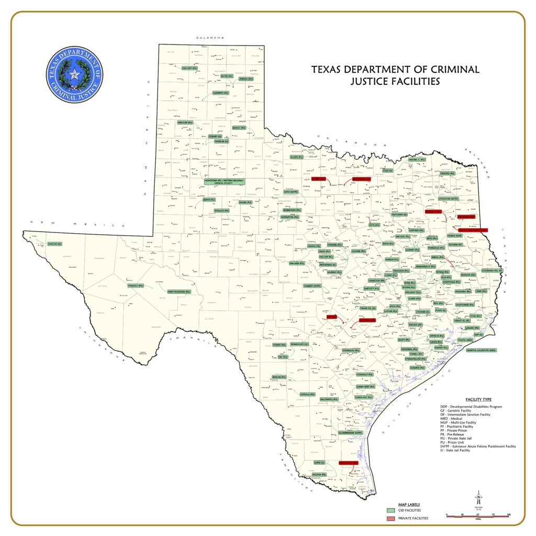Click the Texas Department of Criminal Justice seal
pos(74,74)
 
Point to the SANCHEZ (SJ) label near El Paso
pos(54,244)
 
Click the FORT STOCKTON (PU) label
pos(179,292)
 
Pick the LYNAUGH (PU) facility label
pos(136,285)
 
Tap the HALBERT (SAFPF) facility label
pos(312,286)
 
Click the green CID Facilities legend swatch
pos(390,510)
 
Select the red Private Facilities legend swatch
pos(390,518)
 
